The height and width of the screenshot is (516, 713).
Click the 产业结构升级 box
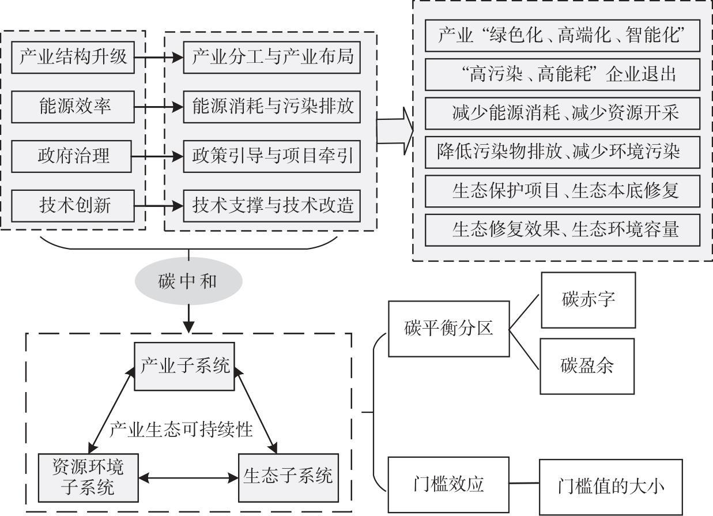click(73, 57)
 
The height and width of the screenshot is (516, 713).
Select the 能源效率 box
click(73, 107)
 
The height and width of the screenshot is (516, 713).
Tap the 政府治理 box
click(71, 156)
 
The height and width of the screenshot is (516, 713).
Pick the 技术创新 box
click(73, 206)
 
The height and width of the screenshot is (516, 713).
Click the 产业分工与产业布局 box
click(272, 57)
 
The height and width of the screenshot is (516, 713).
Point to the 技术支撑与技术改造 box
click(272, 206)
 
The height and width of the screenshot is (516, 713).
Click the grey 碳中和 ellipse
click(188, 281)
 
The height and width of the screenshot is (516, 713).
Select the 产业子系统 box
click(184, 366)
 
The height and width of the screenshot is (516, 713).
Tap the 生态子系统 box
click(288, 478)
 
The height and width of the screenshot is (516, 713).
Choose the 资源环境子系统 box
click(88, 478)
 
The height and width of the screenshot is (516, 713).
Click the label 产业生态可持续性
click(181, 430)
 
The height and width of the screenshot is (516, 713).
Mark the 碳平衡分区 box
click(449, 329)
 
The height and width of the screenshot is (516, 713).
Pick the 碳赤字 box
click(588, 300)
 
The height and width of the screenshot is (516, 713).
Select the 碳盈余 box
click(587, 366)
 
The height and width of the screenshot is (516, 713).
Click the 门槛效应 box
click(448, 484)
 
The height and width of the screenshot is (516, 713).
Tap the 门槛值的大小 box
click(611, 487)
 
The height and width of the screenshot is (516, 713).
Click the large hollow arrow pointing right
click(395, 131)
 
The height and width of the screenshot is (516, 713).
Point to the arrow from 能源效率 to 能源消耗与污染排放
click(159, 107)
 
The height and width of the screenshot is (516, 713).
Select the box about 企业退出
click(563, 74)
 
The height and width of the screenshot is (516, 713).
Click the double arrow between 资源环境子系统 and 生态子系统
click(188, 478)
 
